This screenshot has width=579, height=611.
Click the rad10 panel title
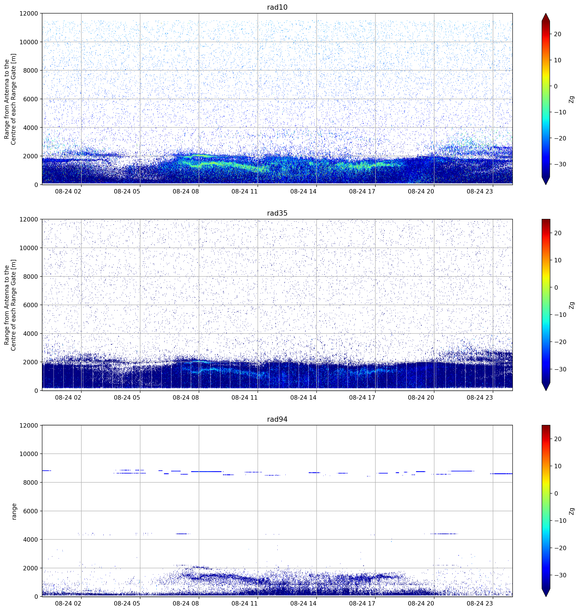(x=277, y=7)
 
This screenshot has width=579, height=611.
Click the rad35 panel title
(x=277, y=213)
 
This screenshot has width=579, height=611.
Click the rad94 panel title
(x=277, y=419)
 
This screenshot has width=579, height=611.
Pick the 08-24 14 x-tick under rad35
(x=303, y=397)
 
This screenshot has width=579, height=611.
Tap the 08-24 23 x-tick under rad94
(x=480, y=603)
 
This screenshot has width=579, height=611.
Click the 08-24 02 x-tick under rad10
(x=68, y=191)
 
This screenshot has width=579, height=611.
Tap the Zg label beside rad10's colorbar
(x=572, y=99)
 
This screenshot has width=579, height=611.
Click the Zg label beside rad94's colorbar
(x=572, y=511)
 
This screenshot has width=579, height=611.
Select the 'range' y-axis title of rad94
(x=14, y=511)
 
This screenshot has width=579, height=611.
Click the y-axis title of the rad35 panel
(x=10, y=305)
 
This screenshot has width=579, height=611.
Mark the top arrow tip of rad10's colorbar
(x=546, y=13)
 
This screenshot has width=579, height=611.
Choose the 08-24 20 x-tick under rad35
(x=421, y=397)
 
